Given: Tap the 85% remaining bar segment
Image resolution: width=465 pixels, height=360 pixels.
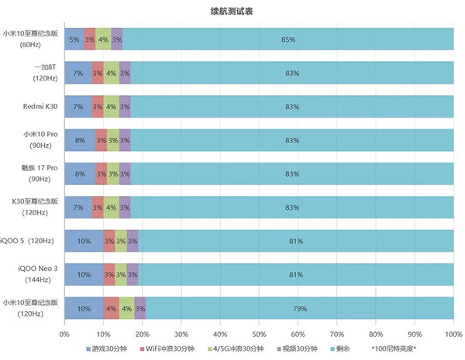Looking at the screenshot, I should click(288, 39).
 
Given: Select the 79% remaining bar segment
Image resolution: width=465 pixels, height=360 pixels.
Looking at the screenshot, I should click(299, 308).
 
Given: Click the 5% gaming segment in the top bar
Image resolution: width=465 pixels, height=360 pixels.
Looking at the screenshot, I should click(74, 39).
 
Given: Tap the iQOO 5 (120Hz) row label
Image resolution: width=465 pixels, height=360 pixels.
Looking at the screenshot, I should click(33, 241).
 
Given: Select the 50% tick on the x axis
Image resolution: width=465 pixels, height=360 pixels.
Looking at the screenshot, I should click(259, 334).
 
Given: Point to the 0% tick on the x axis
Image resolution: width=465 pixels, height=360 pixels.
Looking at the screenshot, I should click(64, 334).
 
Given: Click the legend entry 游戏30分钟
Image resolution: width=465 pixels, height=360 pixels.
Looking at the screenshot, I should click(107, 349).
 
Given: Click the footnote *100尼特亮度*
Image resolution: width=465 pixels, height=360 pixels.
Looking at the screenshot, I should click(399, 349).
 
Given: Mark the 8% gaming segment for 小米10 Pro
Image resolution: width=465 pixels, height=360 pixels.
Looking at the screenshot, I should click(80, 139).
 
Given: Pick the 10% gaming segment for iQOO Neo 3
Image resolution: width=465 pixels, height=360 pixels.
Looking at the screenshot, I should click(84, 274).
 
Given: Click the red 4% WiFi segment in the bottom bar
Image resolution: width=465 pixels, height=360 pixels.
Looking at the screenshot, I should click(111, 308).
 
